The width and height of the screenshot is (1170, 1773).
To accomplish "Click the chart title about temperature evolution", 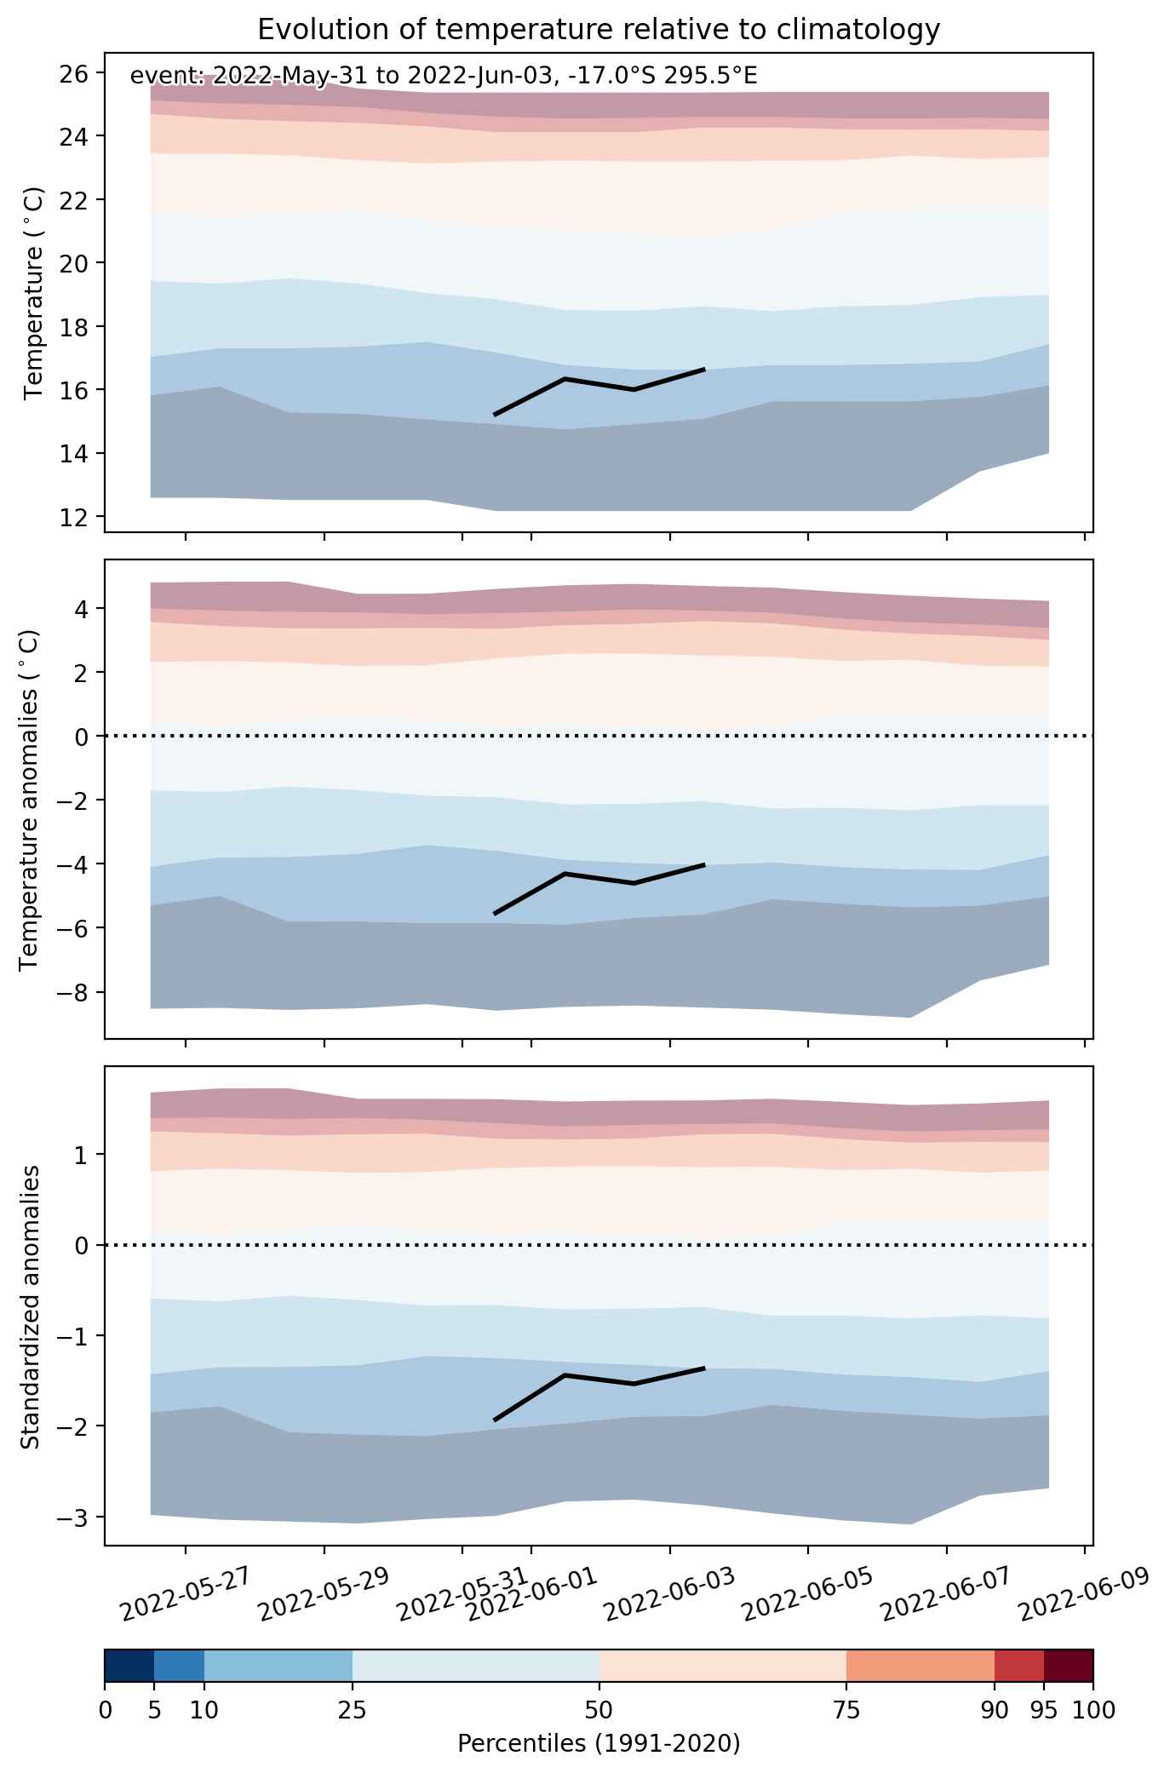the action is coord(599,30).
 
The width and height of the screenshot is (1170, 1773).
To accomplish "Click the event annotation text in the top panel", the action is coord(444,77).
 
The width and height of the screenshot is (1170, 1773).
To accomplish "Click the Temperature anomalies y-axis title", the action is coord(29,800).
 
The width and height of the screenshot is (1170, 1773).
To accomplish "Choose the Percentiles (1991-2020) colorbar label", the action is coord(599,1744).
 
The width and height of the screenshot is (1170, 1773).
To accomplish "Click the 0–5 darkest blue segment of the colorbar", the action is coord(129,1665).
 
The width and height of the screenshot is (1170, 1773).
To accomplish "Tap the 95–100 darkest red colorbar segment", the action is coord(1069,1665).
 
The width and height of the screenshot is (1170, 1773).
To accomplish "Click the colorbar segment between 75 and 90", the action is coord(921,1665).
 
